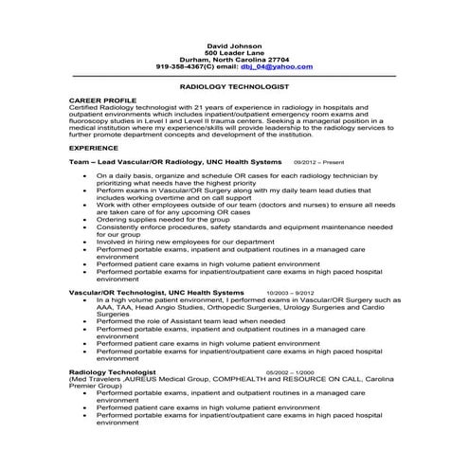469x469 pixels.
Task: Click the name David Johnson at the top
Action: tap(234, 45)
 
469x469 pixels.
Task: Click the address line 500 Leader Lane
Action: tap(234, 52)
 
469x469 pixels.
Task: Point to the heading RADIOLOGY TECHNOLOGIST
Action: tap(234, 85)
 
